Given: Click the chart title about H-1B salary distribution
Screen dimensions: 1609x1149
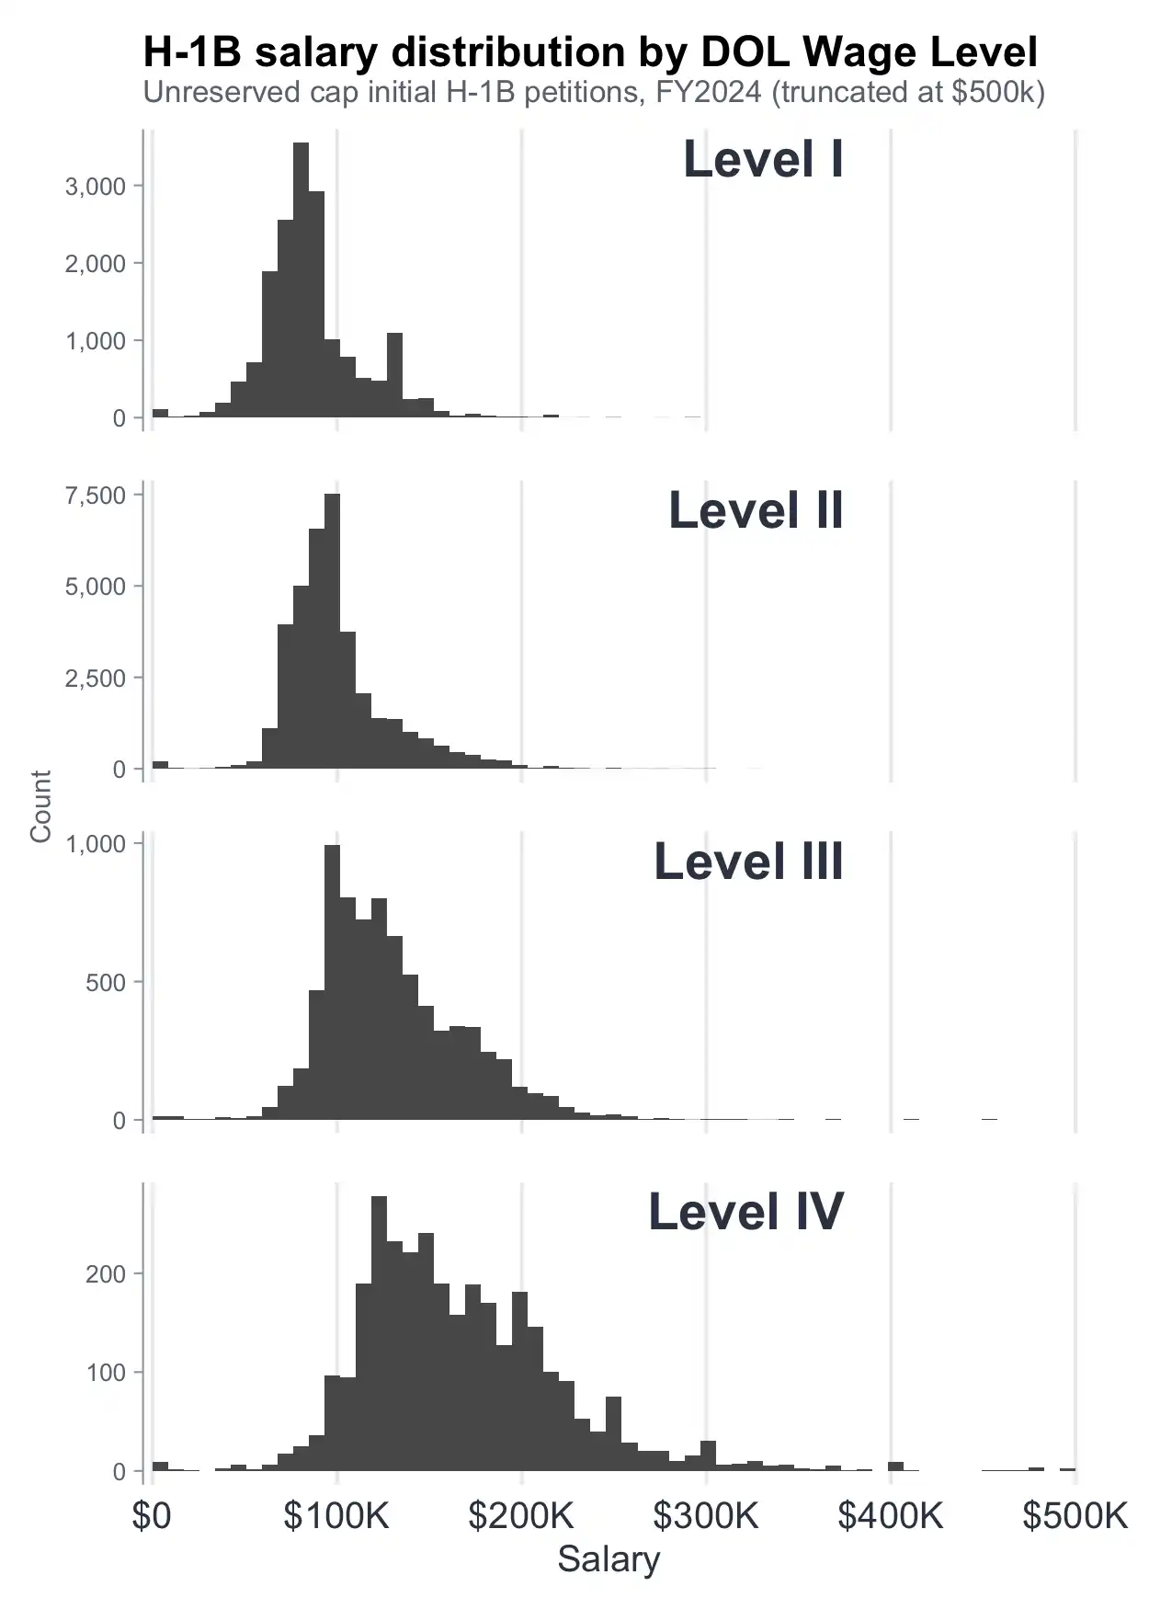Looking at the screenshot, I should point(590,52).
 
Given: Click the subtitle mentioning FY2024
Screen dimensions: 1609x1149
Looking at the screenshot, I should point(594,93).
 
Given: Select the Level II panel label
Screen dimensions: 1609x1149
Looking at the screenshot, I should point(756,510).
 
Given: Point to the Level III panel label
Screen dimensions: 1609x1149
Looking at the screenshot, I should point(748,862).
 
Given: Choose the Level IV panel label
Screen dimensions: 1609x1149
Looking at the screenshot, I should point(745,1211).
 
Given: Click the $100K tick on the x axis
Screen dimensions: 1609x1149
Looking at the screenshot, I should point(336,1515).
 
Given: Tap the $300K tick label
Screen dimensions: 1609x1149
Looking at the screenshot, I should point(706,1515).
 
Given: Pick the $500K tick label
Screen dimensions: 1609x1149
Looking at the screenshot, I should point(1075,1515).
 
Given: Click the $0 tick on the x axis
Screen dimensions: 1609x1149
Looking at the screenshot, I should point(152,1515).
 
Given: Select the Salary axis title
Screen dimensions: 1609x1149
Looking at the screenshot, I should point(609,1559).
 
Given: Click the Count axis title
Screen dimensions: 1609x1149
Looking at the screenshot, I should point(40,806).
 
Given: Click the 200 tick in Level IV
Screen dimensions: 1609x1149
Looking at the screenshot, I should point(105,1274).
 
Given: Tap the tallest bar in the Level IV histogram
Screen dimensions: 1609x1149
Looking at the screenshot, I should point(379,1333).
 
